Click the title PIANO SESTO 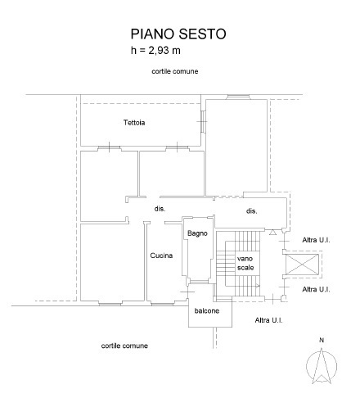(x=178, y=34)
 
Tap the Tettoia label (x=134, y=123)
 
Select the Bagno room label (x=197, y=233)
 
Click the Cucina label (x=161, y=256)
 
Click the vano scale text (x=245, y=263)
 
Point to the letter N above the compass (x=322, y=340)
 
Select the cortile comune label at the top (x=175, y=72)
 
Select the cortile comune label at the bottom (x=124, y=346)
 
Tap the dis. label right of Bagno (x=252, y=211)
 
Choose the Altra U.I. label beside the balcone (x=269, y=319)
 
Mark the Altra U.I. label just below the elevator (x=316, y=290)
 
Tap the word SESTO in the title (x=204, y=34)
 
